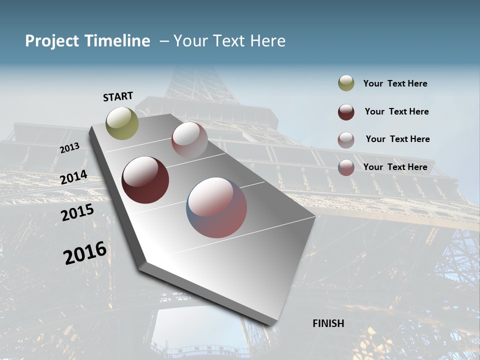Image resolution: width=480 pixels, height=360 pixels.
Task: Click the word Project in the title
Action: [52, 41]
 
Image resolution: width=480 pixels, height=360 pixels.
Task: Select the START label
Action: [118, 96]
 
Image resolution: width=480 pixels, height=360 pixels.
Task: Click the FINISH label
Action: [328, 323]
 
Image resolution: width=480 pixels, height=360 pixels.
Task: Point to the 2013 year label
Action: [69, 148]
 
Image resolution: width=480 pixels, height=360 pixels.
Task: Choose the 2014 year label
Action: [74, 177]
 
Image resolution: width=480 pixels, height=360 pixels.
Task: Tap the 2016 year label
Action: [85, 253]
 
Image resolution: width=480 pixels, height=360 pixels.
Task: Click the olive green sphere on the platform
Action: [122, 123]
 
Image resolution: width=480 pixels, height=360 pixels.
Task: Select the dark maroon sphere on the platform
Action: [145, 180]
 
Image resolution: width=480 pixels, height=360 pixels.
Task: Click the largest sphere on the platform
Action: [216, 207]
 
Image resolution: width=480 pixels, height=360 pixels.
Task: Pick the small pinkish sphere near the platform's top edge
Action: [189, 139]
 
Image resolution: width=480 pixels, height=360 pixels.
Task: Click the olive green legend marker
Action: [346, 83]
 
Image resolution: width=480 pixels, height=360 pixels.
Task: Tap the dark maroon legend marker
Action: [346, 112]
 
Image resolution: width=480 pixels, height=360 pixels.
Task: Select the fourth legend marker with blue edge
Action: [346, 167]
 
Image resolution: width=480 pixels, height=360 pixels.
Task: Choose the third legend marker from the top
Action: [346, 140]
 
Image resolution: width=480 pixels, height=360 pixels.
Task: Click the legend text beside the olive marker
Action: [395, 84]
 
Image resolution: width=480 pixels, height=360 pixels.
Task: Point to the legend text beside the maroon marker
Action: [396, 111]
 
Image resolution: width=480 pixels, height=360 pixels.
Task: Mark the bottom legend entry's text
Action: [395, 167]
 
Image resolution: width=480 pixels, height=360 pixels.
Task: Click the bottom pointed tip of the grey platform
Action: [272, 325]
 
